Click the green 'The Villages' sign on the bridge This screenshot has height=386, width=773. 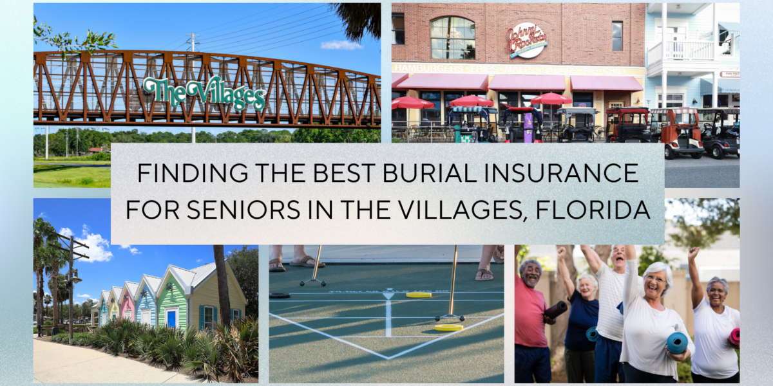click(204, 93)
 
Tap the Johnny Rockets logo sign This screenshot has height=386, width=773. click(526, 41)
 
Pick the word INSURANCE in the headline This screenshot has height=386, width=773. click(550, 173)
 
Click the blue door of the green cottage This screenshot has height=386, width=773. click(171, 318)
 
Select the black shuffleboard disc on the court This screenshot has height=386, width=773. click(280, 295)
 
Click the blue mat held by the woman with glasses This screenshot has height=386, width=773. click(677, 342)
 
